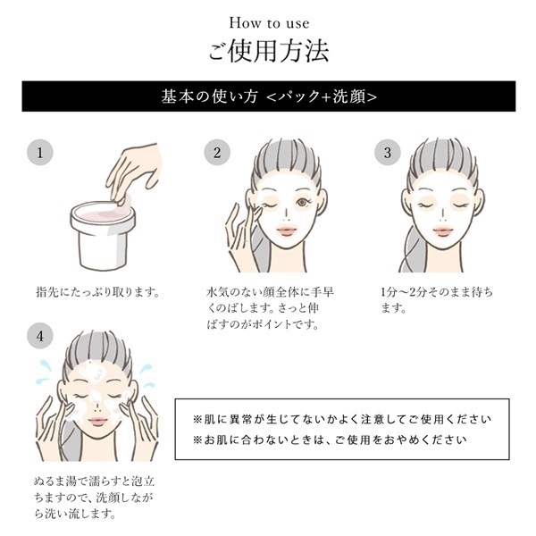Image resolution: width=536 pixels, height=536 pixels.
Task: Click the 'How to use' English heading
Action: [x=268, y=21]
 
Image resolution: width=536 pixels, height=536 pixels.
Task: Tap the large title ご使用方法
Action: [x=268, y=50]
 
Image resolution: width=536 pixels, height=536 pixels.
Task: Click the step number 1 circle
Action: [x=39, y=152]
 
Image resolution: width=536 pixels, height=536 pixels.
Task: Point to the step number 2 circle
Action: [x=216, y=152]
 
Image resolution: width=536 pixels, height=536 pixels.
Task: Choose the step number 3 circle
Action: [x=387, y=152]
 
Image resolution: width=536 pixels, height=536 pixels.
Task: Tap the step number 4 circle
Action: [x=39, y=338]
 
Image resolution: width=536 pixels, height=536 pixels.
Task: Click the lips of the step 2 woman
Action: [x=287, y=231]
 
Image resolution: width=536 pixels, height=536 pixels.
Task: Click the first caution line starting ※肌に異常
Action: [x=342, y=419]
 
